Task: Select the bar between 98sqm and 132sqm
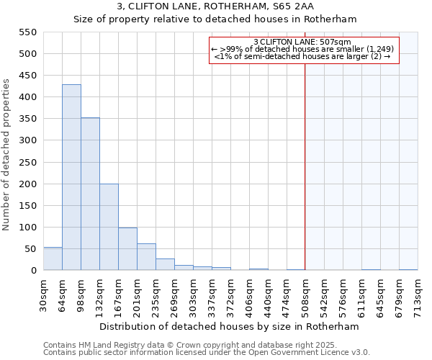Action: [90, 194]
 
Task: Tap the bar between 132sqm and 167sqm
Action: [109, 227]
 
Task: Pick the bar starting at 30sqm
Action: [53, 259]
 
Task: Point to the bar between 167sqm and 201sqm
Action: [127, 249]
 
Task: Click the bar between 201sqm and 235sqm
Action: [146, 257]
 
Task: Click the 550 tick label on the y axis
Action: [27, 32]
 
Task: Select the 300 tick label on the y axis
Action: [27, 140]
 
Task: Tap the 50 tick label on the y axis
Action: [30, 249]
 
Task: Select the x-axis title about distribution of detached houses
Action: [229, 326]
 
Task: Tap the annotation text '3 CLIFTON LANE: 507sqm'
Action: [302, 42]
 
